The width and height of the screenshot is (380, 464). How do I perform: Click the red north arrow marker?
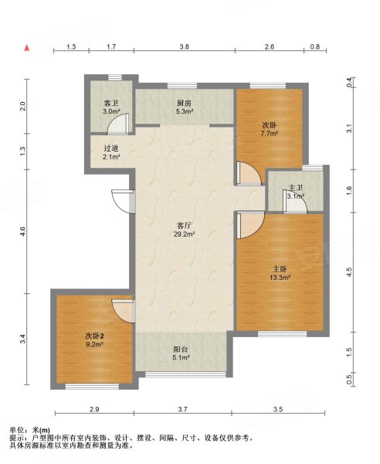(x=27, y=47)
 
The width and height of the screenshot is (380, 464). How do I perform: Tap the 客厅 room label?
(x=183, y=226)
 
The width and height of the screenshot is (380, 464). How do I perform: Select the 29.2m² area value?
(x=184, y=234)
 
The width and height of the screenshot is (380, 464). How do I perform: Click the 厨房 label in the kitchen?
(x=184, y=104)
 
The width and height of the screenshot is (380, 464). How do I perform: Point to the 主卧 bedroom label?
(x=280, y=269)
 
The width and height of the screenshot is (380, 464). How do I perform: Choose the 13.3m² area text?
(x=280, y=278)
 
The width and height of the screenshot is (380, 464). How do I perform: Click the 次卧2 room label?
(x=94, y=336)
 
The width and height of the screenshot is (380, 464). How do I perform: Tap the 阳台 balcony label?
(x=181, y=350)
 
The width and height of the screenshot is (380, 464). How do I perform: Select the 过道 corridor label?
(x=111, y=148)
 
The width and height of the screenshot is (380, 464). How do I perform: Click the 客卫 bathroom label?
(x=111, y=104)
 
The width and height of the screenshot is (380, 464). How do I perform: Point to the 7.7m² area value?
(x=270, y=133)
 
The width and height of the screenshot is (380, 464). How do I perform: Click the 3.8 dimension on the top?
(x=185, y=46)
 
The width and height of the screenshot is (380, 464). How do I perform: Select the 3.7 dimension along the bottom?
(x=182, y=409)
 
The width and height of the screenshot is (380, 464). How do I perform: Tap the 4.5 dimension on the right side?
(x=349, y=272)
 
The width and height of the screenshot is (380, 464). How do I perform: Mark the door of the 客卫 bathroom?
(x=118, y=124)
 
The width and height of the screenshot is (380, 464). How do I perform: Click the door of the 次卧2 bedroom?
(x=124, y=311)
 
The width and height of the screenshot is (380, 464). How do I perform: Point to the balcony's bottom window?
(x=185, y=374)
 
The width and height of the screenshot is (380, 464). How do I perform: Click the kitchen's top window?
(x=182, y=86)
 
